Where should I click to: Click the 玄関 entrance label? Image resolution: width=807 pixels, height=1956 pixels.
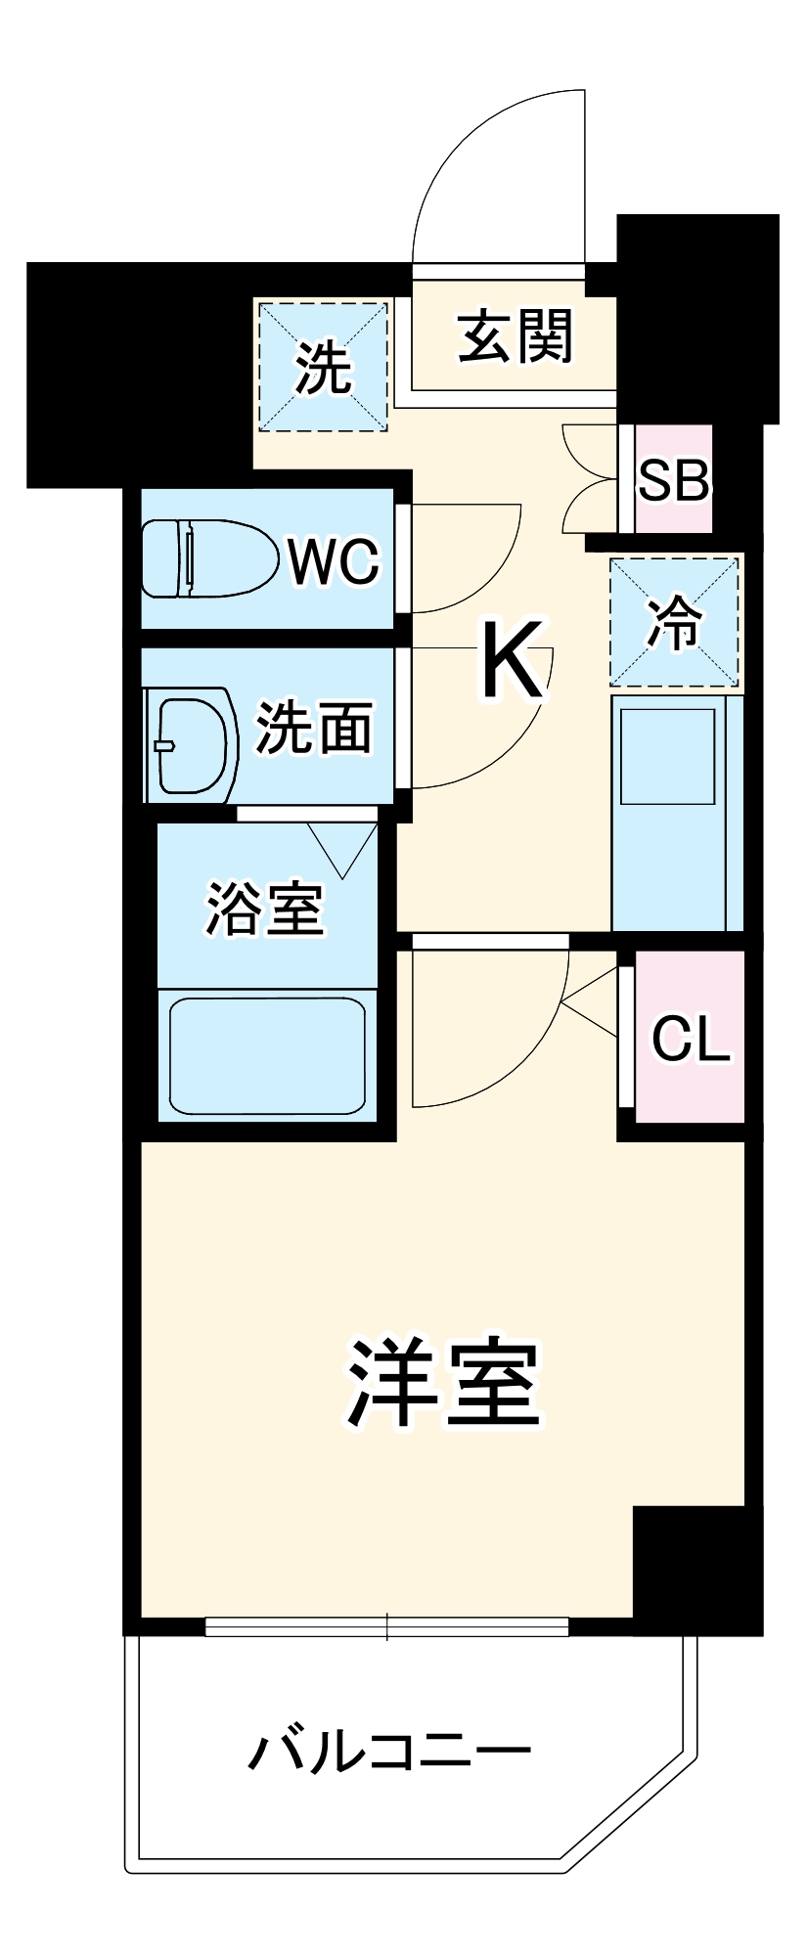tap(516, 337)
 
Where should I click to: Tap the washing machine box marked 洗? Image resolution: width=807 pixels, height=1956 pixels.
tap(323, 367)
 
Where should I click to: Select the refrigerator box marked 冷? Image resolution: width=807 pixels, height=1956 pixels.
tap(674, 621)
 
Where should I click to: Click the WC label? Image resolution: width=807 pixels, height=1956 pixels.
tap(333, 561)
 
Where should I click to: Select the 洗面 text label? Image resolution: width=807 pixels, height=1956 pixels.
tap(314, 728)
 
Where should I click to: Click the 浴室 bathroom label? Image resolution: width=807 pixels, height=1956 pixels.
tap(264, 910)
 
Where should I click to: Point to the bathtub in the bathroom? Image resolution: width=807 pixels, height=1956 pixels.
tap(267, 1055)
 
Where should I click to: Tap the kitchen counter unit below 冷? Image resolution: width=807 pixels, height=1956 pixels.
tap(675, 812)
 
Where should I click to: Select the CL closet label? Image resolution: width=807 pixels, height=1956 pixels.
tap(691, 1039)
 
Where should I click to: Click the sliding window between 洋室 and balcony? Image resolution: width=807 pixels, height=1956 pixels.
tap(386, 1626)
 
